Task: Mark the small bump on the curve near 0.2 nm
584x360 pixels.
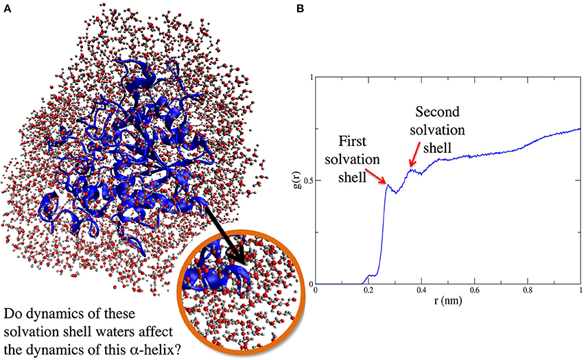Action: click(369, 276)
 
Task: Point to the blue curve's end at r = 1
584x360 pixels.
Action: click(580, 129)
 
